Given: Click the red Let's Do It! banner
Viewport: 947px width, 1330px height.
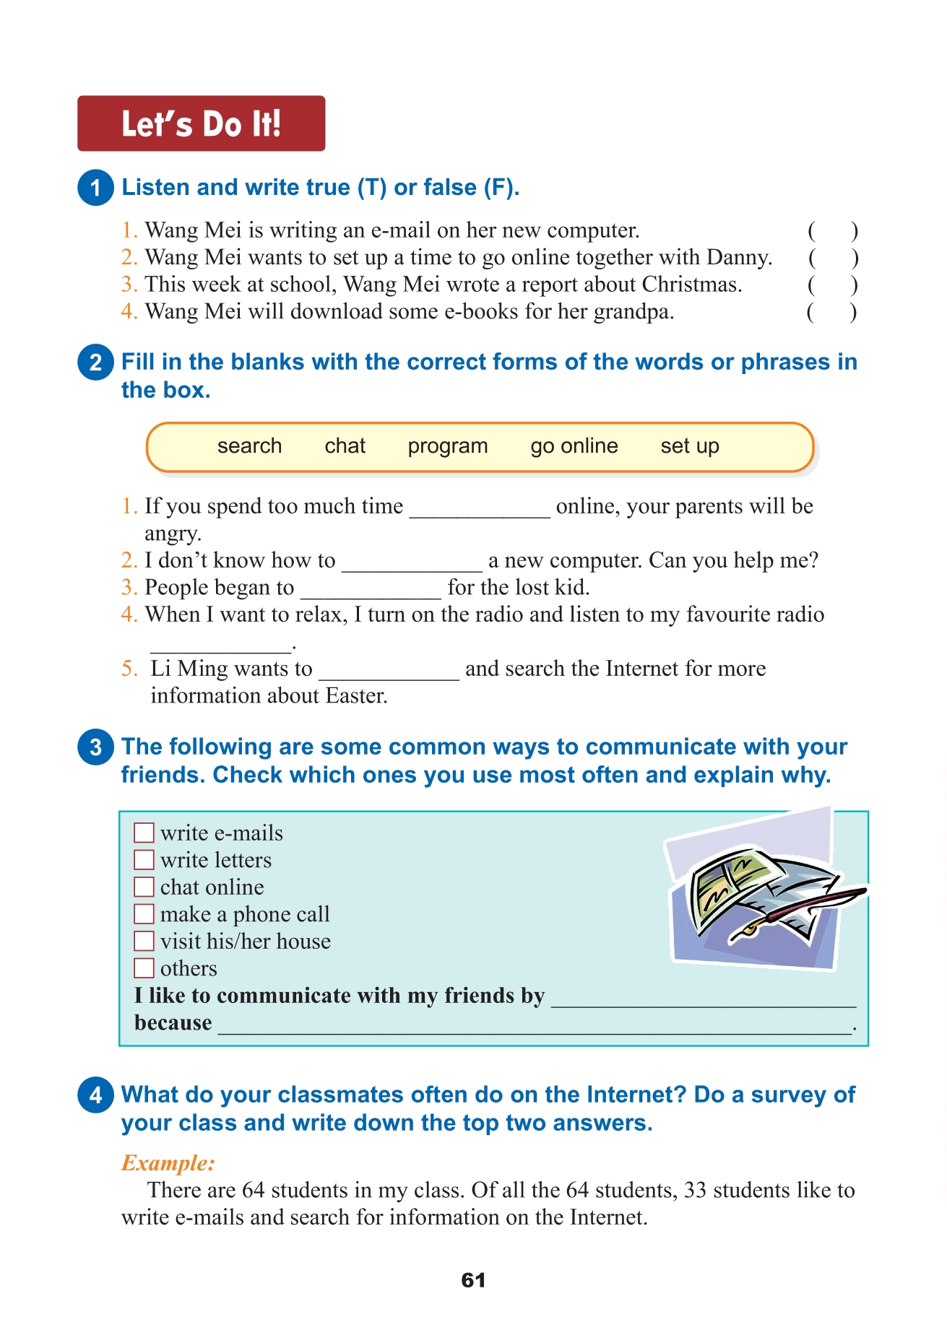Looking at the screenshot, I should click(201, 123).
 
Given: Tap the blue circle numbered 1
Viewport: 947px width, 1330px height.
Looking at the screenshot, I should click(95, 188).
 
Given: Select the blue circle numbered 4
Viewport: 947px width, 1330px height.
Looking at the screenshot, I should click(95, 1095).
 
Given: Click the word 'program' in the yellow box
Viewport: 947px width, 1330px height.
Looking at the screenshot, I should click(448, 446).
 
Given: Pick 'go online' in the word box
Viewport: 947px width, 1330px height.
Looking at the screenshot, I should click(574, 446).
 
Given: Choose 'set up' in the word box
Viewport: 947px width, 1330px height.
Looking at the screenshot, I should click(690, 446).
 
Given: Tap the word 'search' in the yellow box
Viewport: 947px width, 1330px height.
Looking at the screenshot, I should click(249, 446).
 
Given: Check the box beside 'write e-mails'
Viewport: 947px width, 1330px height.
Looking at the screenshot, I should click(144, 833).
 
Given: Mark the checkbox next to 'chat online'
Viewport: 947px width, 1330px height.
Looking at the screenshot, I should click(144, 887).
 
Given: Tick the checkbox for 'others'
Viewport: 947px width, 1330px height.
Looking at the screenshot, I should click(144, 968).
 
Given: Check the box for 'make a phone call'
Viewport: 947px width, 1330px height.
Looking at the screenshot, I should click(144, 914).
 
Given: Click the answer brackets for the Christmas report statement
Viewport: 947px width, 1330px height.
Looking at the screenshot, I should click(833, 285).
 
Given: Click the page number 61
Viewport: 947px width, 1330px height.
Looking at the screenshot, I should click(473, 1280).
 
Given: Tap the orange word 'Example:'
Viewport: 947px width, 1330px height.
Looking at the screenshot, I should click(168, 1162).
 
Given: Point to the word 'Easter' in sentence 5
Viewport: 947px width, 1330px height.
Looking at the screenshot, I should click(355, 695).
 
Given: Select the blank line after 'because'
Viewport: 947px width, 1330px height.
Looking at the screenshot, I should click(535, 1026).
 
